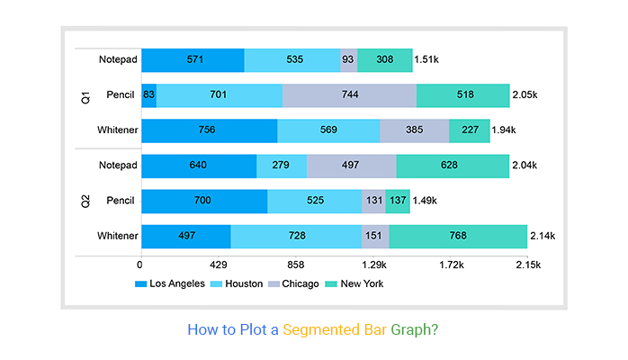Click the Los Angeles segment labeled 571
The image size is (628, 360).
pyautogui.click(x=193, y=60)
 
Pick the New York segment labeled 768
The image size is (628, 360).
pyautogui.click(x=458, y=236)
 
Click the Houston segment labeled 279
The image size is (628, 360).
pyautogui.click(x=282, y=166)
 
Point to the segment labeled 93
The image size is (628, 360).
pyautogui.click(x=348, y=60)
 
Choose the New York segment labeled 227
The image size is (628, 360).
pyautogui.click(x=470, y=130)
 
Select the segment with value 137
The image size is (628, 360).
pyautogui.click(x=398, y=201)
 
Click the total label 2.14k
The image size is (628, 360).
pyautogui.click(x=542, y=236)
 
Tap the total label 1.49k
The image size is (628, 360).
pyautogui.click(x=426, y=201)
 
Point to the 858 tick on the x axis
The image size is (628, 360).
pyautogui.click(x=296, y=265)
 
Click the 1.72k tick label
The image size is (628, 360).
pyautogui.click(x=452, y=265)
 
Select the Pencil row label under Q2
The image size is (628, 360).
pyautogui.click(x=121, y=201)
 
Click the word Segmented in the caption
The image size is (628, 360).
pyautogui.click(x=322, y=329)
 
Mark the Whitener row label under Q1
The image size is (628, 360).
pyautogui.click(x=118, y=130)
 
